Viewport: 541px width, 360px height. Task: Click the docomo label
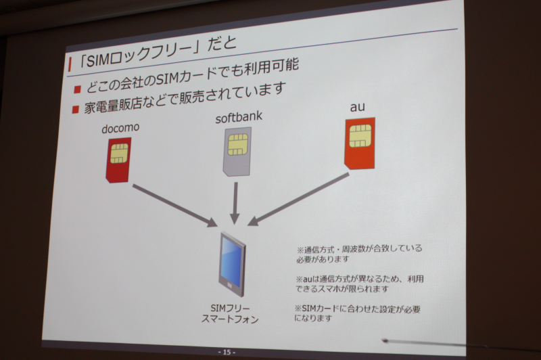tap(120, 128)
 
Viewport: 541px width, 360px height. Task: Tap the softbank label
tap(239, 117)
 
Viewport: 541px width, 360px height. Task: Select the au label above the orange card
tap(358, 107)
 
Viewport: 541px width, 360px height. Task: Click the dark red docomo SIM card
tap(118, 160)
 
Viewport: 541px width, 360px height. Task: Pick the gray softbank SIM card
tap(237, 152)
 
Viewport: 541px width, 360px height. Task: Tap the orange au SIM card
tap(360, 143)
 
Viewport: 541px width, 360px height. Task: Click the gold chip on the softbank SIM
tap(238, 145)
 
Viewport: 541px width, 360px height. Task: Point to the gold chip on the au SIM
tap(360, 135)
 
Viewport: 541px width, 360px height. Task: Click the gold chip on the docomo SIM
tap(119, 153)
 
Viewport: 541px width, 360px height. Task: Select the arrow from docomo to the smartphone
tap(175, 206)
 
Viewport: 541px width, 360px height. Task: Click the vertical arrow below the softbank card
tap(235, 203)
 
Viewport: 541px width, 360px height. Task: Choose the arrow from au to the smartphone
tap(298, 200)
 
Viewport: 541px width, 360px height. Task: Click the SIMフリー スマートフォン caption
tap(230, 314)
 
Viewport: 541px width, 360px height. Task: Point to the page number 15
tap(227, 353)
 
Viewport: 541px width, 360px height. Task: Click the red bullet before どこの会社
tap(77, 90)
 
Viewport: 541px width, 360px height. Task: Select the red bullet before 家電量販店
tap(76, 110)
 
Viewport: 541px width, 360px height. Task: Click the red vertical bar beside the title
tap(70, 64)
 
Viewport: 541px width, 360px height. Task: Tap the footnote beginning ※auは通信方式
tap(359, 284)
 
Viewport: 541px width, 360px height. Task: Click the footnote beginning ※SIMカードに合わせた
tap(357, 313)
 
